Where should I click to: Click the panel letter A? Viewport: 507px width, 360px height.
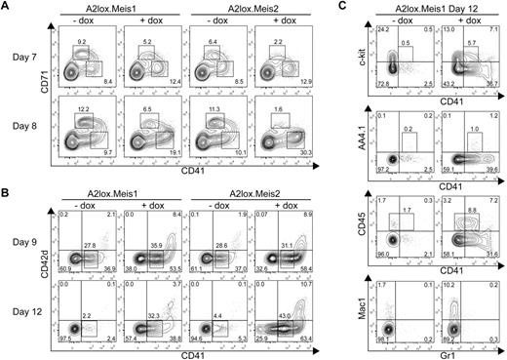coord(7,9)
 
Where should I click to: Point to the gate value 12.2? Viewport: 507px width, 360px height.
coord(83,107)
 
